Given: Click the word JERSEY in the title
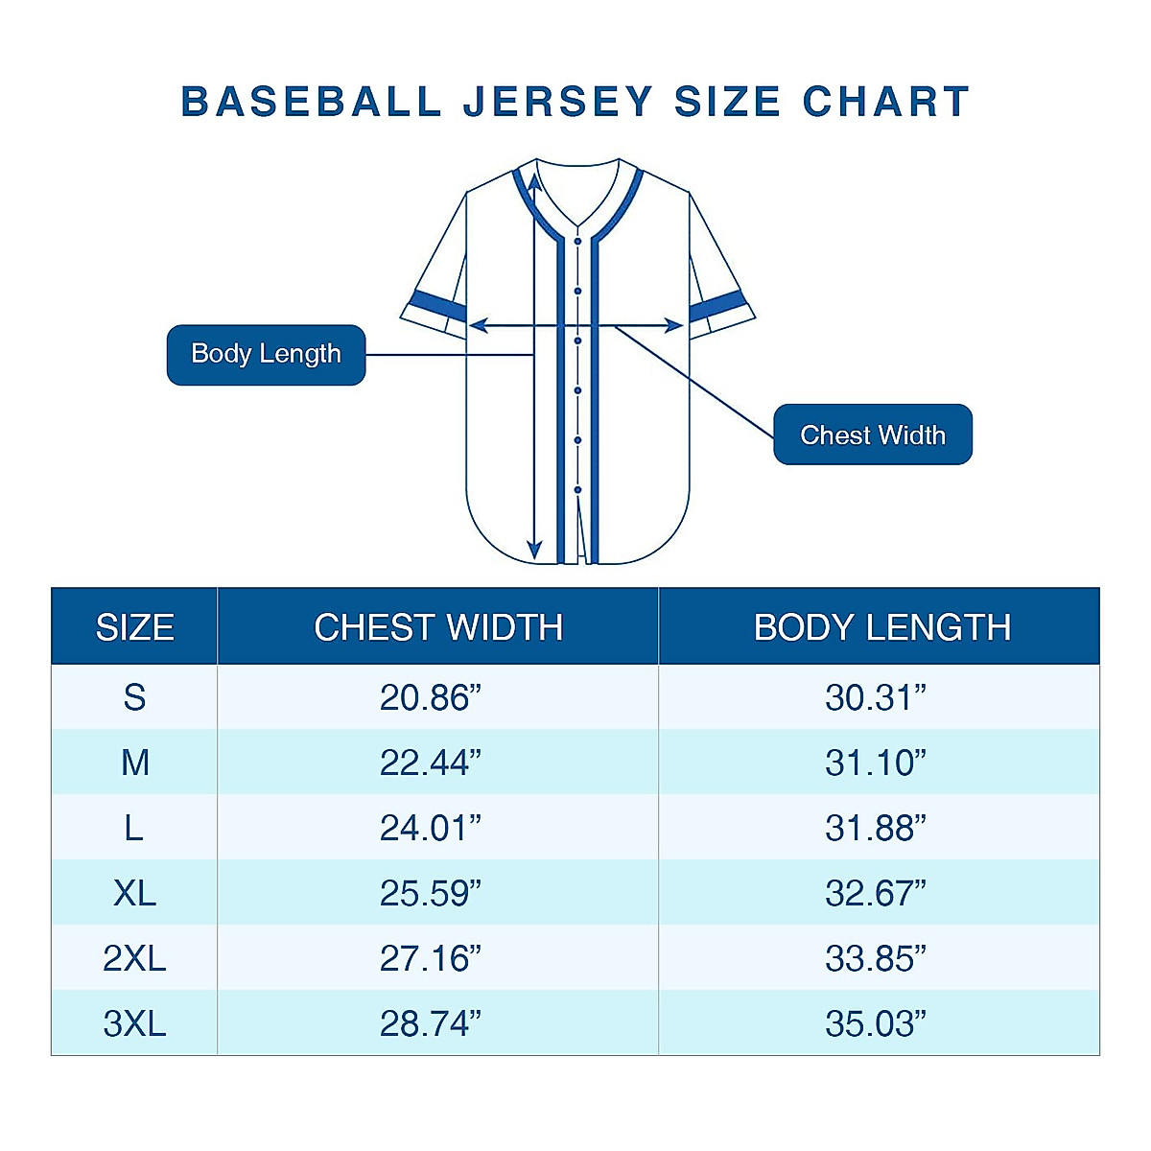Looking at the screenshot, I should point(558,102).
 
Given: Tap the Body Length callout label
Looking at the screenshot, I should point(266,354).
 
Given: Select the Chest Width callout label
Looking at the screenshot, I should point(873,435).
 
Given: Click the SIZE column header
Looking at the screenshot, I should point(134,627).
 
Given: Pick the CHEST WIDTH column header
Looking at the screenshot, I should point(438,627).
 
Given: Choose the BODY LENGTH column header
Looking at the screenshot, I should point(881,627).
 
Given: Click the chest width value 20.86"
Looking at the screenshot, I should point(430,697).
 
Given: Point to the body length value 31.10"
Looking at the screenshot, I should point(876,763).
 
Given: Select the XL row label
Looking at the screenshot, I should point(134,893).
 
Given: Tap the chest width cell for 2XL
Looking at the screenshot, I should point(430,958).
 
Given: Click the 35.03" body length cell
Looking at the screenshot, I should point(876,1023).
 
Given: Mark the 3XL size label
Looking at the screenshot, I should point(134,1023).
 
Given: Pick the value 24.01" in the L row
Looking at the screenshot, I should point(430,828).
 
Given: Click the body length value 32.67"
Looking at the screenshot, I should point(876,893).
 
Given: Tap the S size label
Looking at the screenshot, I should point(134,697).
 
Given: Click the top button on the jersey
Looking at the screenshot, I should point(578,241).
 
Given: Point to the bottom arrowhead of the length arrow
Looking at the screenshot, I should point(534,551).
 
